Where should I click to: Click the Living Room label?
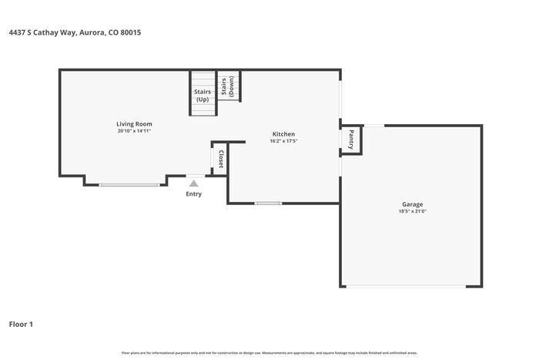click(135, 124)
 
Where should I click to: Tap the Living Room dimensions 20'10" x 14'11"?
click(135, 131)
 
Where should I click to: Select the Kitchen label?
click(283, 134)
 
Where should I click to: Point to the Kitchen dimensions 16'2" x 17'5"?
click(283, 141)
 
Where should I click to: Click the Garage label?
click(412, 204)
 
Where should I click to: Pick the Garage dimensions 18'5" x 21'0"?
click(412, 211)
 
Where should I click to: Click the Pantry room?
click(351, 140)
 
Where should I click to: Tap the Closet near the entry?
click(219, 159)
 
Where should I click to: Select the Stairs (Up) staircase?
click(203, 94)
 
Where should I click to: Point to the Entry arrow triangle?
click(194, 183)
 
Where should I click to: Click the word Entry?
click(194, 193)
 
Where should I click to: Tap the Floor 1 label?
click(21, 324)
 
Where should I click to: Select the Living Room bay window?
click(129, 184)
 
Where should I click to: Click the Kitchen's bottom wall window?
click(269, 204)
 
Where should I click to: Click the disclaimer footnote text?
click(269, 352)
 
